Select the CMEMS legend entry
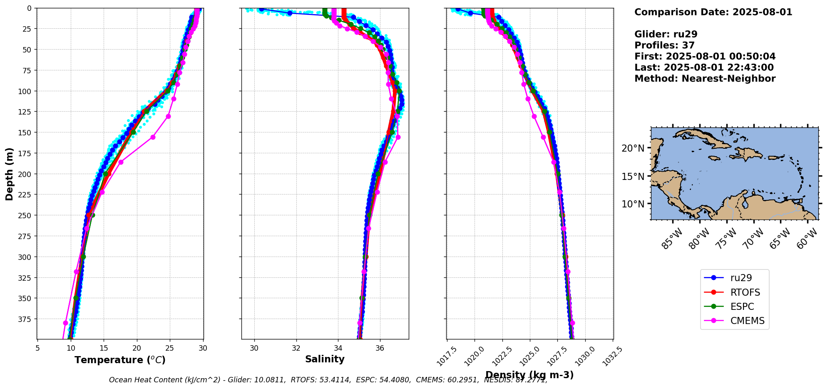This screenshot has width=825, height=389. tap(747, 321)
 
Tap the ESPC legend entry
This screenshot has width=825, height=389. tap(742, 307)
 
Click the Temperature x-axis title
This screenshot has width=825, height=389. tap(120, 360)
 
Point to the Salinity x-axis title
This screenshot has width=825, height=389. tap(325, 359)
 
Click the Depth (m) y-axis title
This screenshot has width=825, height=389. tap(9, 174)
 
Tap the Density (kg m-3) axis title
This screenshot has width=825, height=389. tap(529, 375)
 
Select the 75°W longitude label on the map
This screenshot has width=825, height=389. tap(726, 239)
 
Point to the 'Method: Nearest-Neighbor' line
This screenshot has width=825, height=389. tap(705, 79)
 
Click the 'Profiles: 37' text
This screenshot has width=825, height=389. tap(664, 45)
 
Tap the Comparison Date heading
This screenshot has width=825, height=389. tap(713, 12)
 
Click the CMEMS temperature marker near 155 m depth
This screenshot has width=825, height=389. tap(153, 137)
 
